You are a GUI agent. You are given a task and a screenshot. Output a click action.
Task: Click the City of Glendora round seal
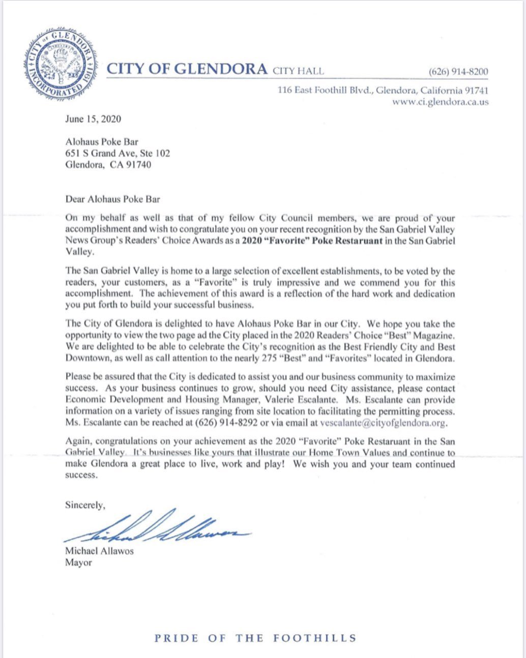tap(60, 65)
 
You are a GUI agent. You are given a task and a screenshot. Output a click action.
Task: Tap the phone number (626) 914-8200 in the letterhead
tap(458, 71)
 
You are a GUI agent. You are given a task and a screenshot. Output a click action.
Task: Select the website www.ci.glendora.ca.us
tap(440, 102)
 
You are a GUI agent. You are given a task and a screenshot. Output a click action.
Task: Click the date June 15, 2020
tap(93, 119)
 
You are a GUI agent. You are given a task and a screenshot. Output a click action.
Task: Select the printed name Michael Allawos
tap(99, 551)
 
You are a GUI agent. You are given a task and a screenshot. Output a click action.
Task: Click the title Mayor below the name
tap(78, 562)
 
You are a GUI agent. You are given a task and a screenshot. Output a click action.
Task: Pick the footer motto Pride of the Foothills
tap(256, 638)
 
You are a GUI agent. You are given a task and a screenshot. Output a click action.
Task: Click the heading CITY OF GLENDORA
tap(187, 69)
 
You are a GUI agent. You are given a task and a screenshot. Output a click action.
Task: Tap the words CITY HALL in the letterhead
tap(298, 71)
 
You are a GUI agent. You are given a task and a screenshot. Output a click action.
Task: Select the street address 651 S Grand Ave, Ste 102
tap(118, 153)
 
